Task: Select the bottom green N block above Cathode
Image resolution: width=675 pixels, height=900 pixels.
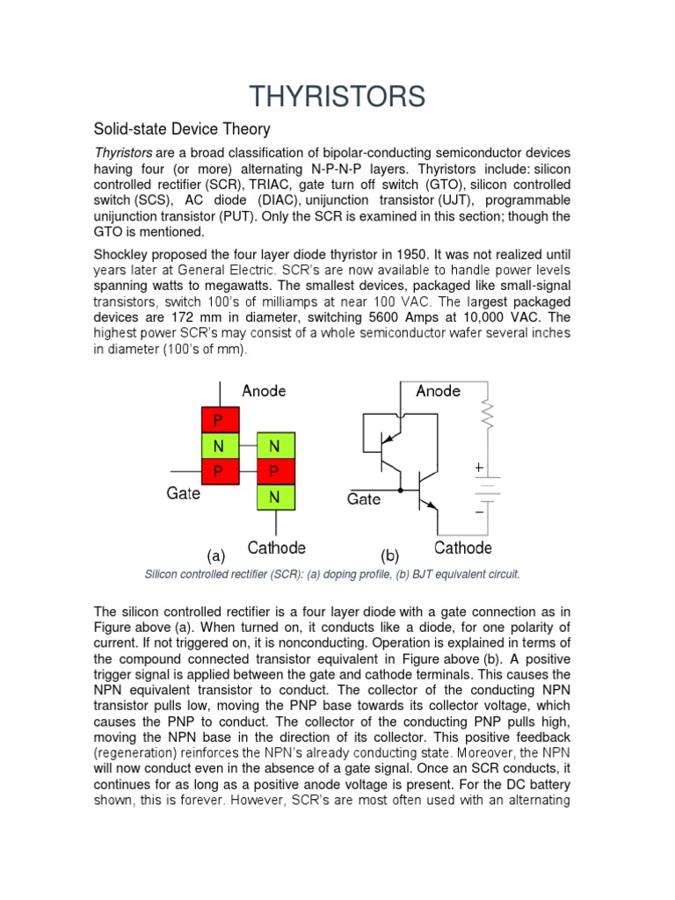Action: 273,497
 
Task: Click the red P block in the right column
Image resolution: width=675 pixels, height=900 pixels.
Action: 273,472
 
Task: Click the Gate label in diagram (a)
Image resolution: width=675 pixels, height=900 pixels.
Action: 184,494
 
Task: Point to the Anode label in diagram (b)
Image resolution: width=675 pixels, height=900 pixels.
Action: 438,390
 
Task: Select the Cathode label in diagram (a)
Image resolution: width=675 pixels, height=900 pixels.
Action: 276,548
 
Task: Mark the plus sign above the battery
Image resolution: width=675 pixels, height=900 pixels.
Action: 479,468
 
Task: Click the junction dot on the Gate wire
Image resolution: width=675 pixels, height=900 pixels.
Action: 401,489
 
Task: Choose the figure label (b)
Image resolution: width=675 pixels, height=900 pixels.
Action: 389,555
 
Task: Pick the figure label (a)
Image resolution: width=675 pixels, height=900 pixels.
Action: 216,555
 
